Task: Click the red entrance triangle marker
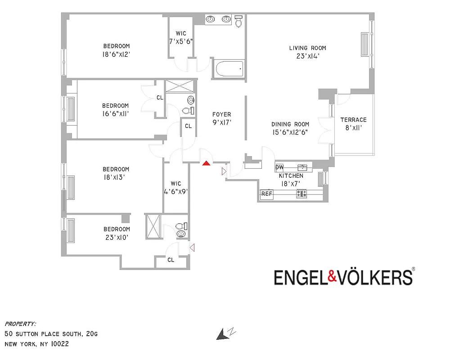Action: tap(206, 163)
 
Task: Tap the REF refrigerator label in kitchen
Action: tap(267, 194)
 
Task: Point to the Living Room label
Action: tap(307, 48)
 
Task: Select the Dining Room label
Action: tap(290, 124)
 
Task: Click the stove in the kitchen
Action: tap(301, 194)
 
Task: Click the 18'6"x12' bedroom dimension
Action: tap(116, 54)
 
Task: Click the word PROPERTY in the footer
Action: tap(20, 324)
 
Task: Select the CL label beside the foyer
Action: tap(188, 126)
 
